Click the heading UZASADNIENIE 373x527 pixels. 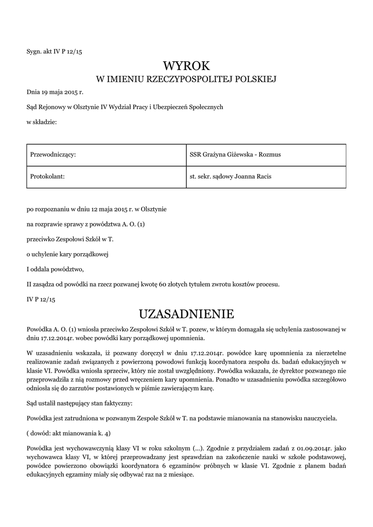[187, 313]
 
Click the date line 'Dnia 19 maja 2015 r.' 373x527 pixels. [55, 93]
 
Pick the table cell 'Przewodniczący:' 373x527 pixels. [54, 154]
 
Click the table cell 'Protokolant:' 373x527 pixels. [47, 177]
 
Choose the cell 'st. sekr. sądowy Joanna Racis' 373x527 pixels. [230, 177]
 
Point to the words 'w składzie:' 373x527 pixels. [42, 121]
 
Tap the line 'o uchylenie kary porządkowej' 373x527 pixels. [67, 254]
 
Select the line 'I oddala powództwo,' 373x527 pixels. [55, 269]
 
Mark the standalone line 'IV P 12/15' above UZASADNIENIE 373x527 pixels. [41, 298]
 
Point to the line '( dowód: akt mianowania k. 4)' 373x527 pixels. [68, 432]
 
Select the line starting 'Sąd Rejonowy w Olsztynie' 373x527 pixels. [125, 107]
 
